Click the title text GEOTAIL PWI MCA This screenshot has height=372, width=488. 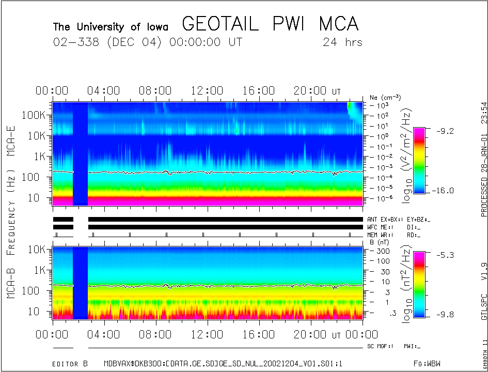(270, 24)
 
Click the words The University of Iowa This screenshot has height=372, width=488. (110, 26)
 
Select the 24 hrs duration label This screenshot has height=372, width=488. (342, 42)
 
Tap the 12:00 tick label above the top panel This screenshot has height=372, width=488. (207, 91)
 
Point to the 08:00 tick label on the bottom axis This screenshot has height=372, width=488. (155, 335)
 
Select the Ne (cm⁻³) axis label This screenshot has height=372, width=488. (385, 97)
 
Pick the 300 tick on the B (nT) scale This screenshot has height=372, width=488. (382, 251)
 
